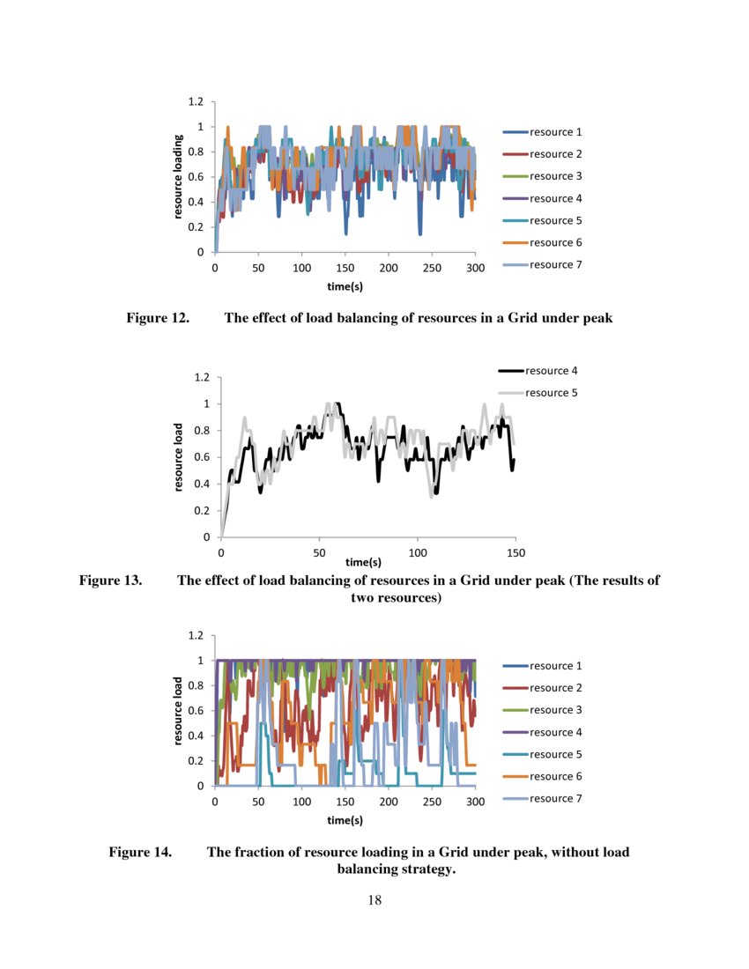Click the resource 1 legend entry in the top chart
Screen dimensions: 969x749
click(555, 132)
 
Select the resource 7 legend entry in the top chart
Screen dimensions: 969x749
click(555, 264)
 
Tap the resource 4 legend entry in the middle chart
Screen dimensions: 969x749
click(551, 371)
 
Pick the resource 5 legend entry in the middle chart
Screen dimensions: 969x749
click(551, 393)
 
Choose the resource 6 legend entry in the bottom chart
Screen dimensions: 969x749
click(555, 776)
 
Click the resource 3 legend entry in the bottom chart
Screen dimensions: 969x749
click(555, 710)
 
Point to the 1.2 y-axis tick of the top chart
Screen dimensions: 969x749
click(196, 102)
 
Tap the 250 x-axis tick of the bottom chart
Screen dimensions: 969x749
click(432, 802)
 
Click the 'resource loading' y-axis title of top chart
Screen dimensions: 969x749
click(178, 177)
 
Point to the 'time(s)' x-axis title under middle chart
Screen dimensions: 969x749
click(363, 562)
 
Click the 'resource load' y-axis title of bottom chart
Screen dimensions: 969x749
click(178, 709)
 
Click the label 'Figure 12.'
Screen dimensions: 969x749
click(158, 319)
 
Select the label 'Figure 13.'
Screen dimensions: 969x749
click(111, 581)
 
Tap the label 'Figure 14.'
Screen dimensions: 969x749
click(140, 853)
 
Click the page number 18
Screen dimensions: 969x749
click(374, 899)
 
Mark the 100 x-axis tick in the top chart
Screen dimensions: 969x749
click(302, 268)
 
